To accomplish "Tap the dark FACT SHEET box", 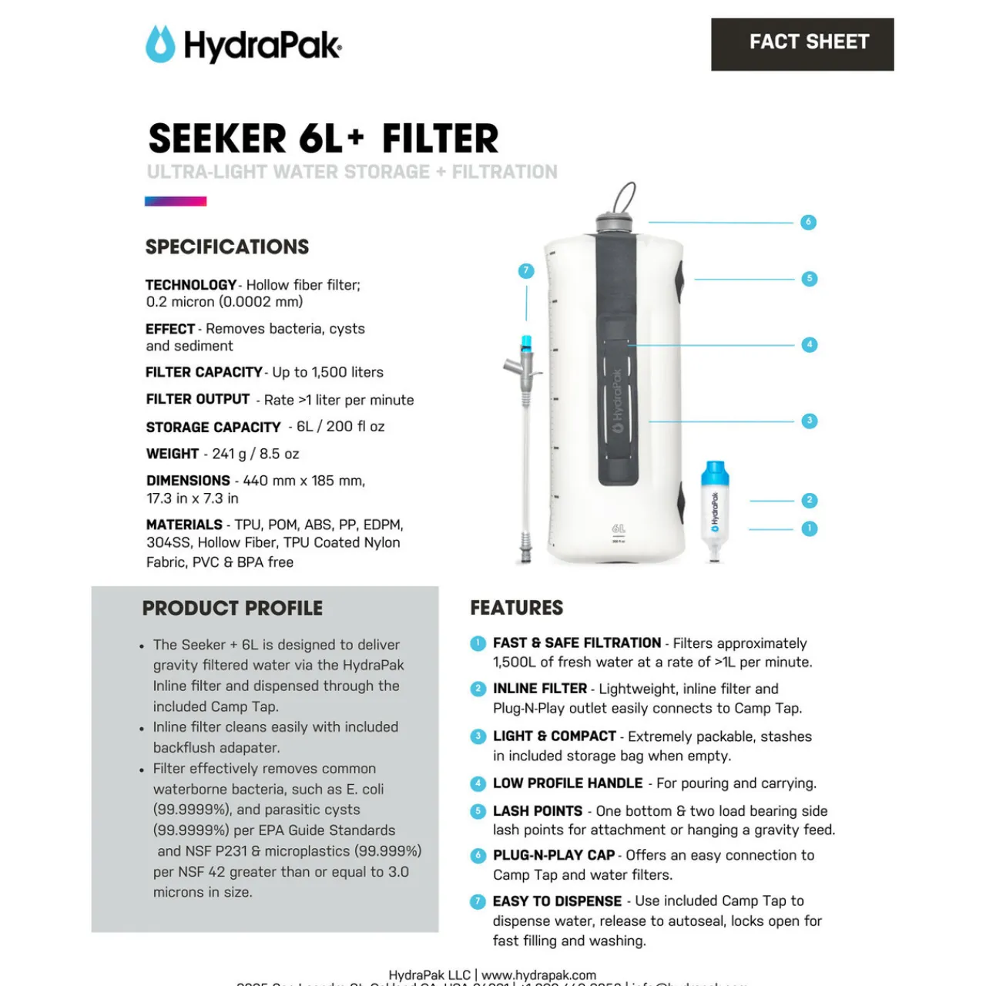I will (802, 44).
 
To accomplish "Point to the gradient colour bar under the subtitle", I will (176, 202).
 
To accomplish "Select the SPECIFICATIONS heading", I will (227, 247).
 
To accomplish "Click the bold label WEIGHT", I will (173, 454).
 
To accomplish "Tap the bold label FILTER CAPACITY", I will (204, 372).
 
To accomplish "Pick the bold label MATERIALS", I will (184, 525).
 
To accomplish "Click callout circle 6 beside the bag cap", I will (808, 222).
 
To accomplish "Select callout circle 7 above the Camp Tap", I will (526, 270).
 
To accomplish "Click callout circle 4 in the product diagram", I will (809, 344).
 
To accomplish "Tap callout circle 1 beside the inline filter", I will (809, 528).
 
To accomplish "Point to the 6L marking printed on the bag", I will (619, 529).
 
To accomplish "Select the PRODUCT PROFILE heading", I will (233, 609).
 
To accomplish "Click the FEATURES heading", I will (517, 609).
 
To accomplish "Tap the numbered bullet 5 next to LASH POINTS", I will (478, 811).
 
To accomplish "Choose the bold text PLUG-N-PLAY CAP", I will (554, 855).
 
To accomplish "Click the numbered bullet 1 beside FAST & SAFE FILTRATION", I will (478, 643).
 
